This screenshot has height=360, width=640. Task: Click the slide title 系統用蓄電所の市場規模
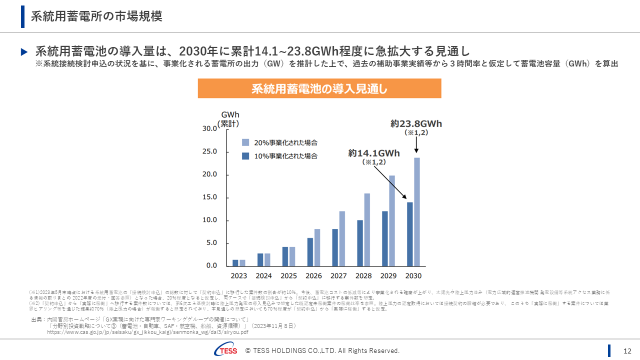[96, 16]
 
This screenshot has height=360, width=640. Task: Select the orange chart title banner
[319, 88]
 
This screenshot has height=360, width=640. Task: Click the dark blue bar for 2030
[409, 233]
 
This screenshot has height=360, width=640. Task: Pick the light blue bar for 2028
[367, 229]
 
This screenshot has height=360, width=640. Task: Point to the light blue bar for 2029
[392, 220]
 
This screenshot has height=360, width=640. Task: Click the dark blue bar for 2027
[335, 247]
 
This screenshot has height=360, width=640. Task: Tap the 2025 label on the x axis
[288, 276]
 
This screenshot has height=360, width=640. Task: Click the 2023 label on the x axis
[238, 276]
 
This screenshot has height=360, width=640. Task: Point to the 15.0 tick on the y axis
[208, 197]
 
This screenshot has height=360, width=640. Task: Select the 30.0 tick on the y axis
[208, 128]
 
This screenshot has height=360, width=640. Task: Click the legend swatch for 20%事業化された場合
[245, 142]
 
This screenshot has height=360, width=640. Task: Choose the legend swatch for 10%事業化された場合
[245, 156]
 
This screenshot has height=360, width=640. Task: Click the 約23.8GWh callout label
[416, 124]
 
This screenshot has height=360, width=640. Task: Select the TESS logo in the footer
[225, 350]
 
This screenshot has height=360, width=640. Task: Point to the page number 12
[627, 350]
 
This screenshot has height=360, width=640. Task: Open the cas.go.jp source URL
[147, 331]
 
